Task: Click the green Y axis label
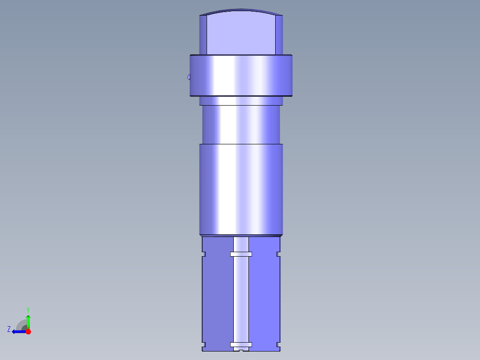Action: tap(28, 309)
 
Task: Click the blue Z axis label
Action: tap(9, 329)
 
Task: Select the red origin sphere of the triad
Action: tap(28, 331)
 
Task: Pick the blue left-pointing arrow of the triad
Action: tap(18, 331)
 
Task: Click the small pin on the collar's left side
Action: tap(189, 77)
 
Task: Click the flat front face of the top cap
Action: tap(241, 33)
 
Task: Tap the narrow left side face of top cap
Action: tap(203, 35)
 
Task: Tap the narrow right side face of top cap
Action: tap(279, 35)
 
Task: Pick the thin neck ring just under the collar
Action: tap(241, 101)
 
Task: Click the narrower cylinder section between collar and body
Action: tap(241, 125)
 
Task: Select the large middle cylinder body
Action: tap(241, 189)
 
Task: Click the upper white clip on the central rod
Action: tap(241, 254)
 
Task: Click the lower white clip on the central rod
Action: tap(241, 344)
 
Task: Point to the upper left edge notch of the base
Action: tap(204, 254)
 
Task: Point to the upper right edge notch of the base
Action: tap(278, 254)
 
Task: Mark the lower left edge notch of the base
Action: tap(204, 344)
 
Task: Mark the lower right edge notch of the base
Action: tap(278, 344)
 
